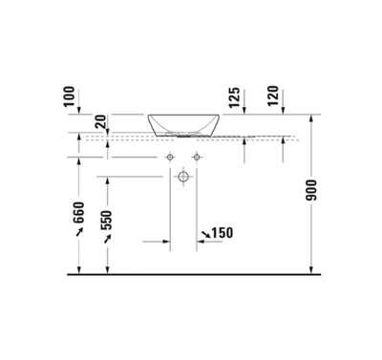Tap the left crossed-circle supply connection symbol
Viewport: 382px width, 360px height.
tap(171, 156)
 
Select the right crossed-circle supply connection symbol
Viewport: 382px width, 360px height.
tap(198, 156)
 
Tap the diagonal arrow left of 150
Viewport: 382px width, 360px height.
tap(206, 234)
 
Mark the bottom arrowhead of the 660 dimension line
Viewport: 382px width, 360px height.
tap(79, 268)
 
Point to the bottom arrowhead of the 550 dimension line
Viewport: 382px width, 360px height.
tap(106, 268)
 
